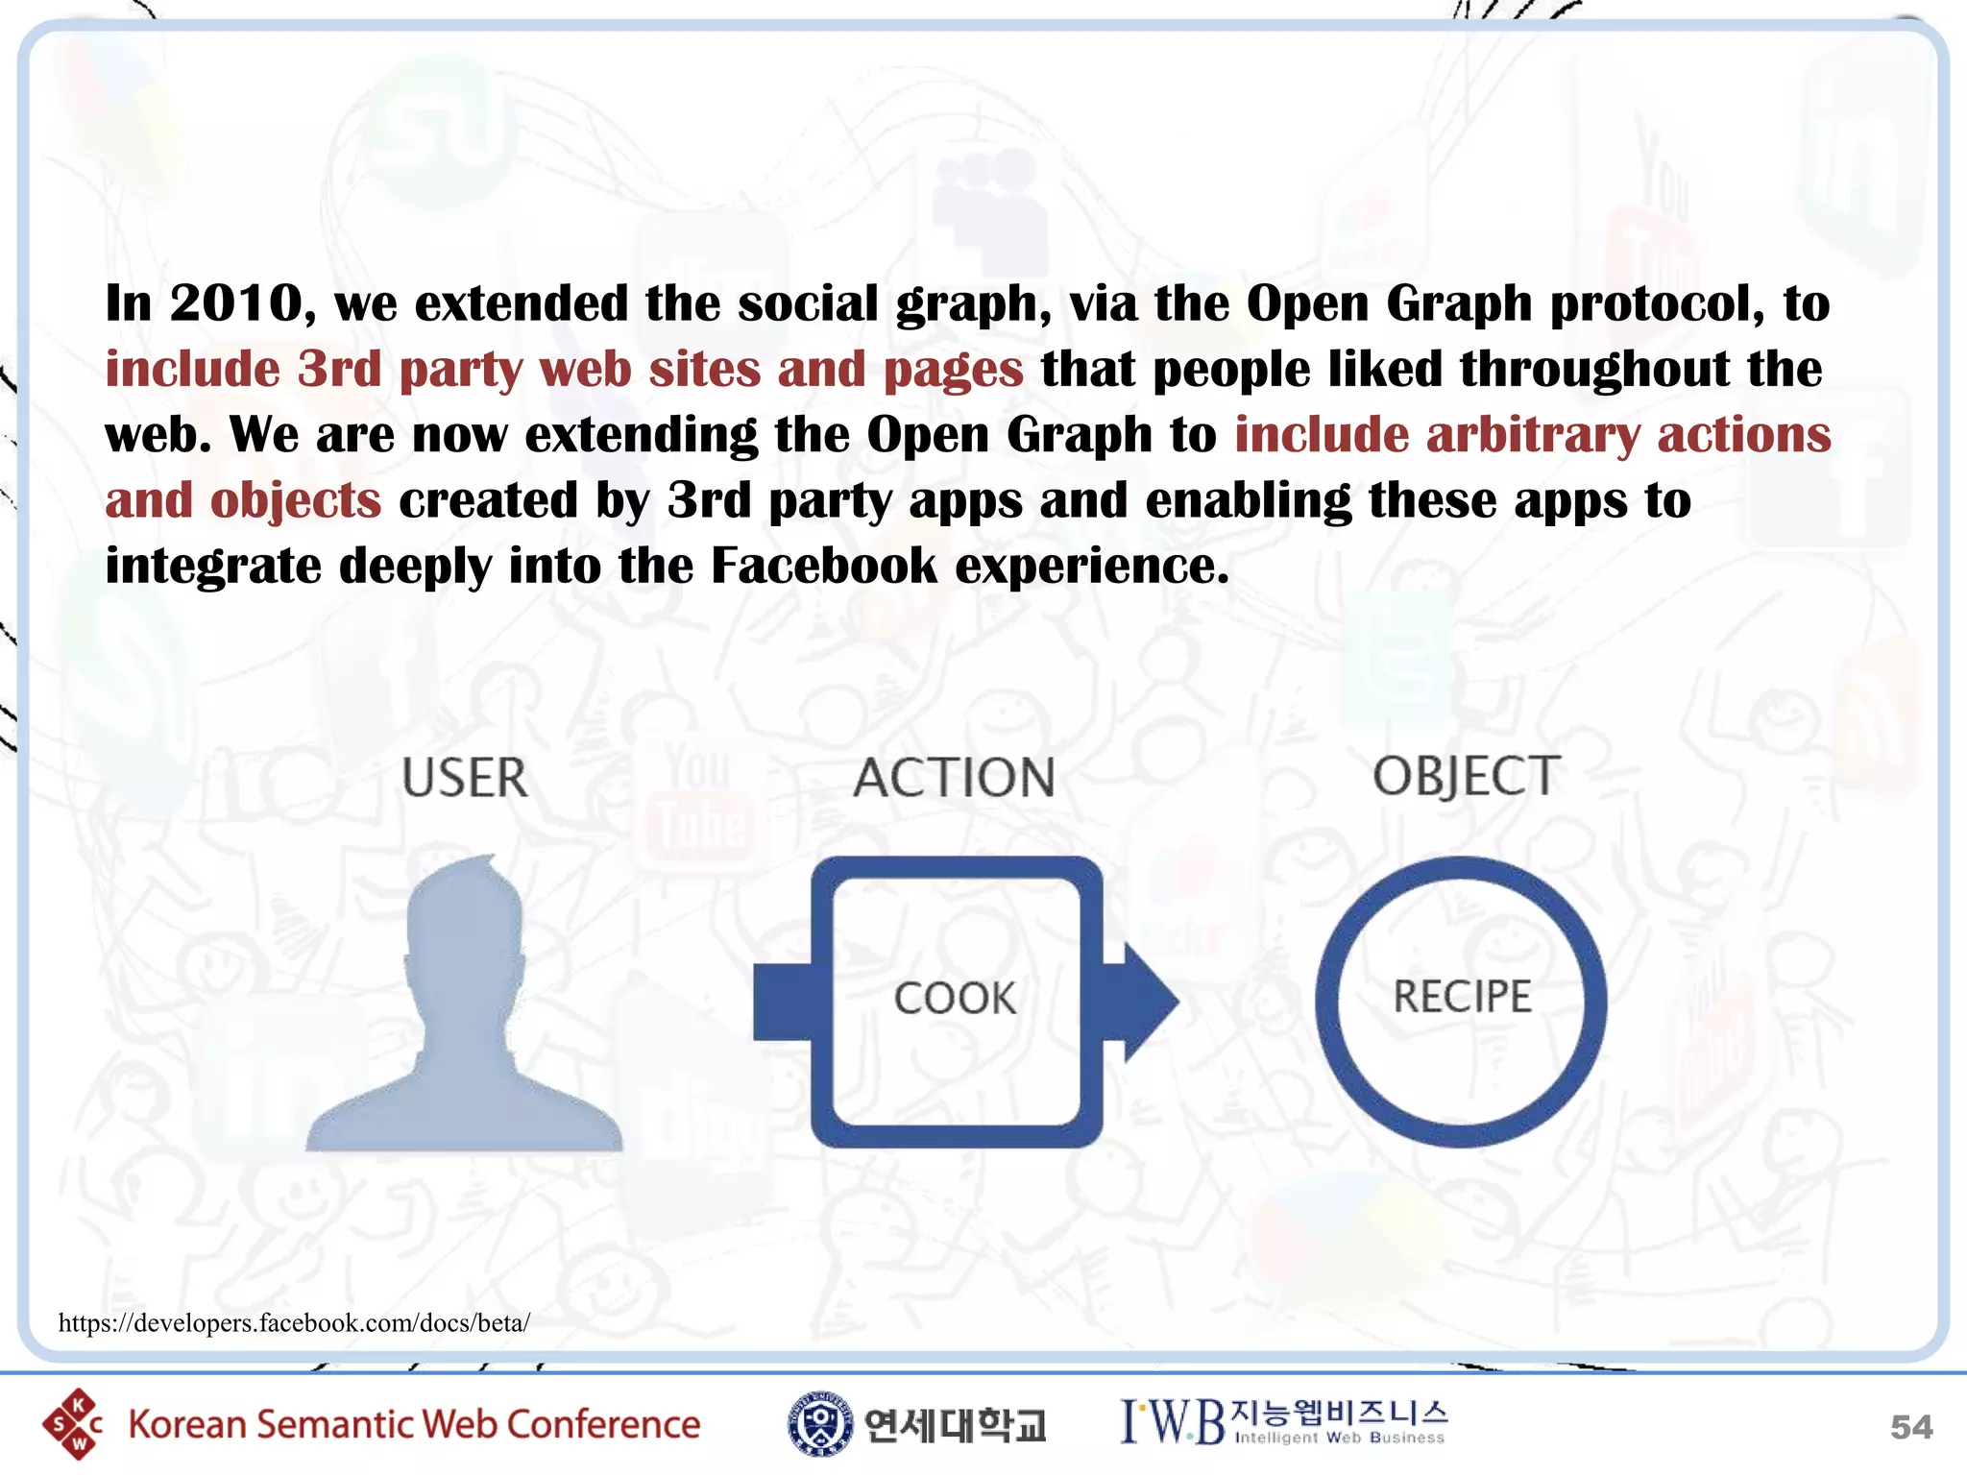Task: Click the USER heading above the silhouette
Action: (465, 778)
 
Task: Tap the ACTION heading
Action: (955, 778)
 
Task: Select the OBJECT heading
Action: (1466, 776)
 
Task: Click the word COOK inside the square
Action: (955, 999)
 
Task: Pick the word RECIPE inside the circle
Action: (1462, 997)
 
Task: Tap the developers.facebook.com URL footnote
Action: (294, 1323)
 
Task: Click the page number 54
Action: (1910, 1427)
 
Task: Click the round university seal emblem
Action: (819, 1423)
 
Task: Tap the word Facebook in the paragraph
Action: (823, 566)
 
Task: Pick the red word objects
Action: (296, 501)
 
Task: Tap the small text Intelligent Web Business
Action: (1340, 1438)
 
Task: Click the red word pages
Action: (953, 371)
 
